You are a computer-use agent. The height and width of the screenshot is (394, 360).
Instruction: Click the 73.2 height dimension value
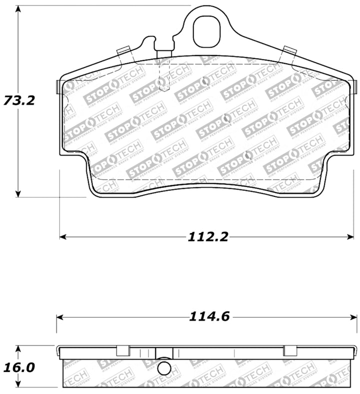(18, 100)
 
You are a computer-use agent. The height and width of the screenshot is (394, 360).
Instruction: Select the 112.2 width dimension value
(207, 236)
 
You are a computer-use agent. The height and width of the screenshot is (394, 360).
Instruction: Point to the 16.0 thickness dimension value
(18, 367)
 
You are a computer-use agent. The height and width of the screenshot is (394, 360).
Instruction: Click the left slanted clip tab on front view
(123, 50)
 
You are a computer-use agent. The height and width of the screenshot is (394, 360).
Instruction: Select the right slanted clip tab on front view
(289, 50)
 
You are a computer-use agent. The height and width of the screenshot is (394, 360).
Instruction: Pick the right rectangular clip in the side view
(290, 350)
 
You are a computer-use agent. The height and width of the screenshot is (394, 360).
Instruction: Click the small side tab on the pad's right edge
(355, 85)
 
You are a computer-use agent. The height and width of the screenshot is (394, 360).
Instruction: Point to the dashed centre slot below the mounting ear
(164, 75)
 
